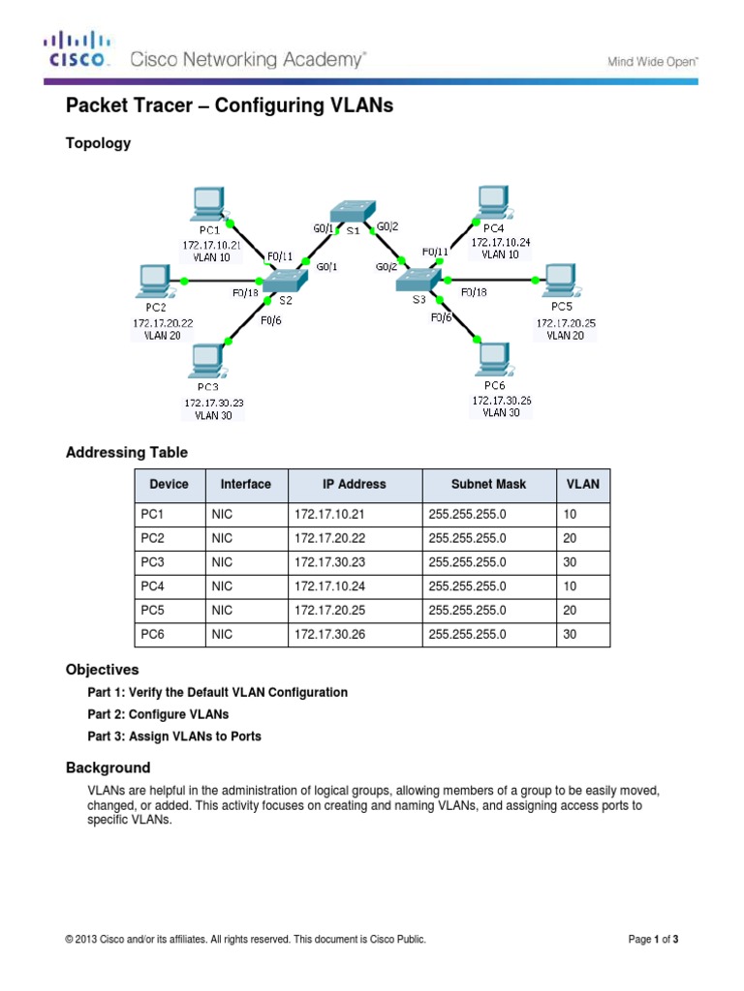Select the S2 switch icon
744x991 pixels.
[x=283, y=280]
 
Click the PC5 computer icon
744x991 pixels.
[x=560, y=280]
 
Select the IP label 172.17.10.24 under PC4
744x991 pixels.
[x=500, y=243]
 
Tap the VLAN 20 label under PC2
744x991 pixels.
[x=157, y=335]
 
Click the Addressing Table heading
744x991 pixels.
[x=126, y=453]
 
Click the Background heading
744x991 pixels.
[x=108, y=767]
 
